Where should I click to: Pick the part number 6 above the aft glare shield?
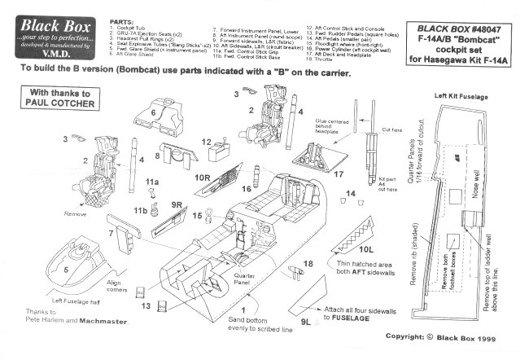pyautogui.click(x=153, y=112)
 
